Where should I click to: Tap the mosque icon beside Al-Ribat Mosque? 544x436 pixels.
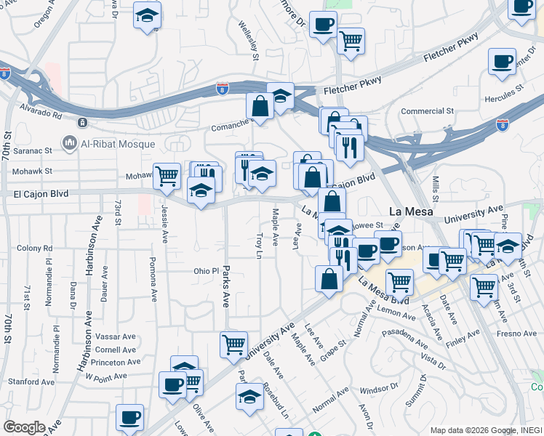point(70,142)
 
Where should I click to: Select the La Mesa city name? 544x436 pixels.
point(411,211)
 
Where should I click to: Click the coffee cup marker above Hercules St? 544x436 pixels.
point(502,62)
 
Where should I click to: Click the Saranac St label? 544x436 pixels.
point(33,150)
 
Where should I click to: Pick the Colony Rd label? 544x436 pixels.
point(35,248)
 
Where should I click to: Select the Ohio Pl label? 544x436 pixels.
point(206,271)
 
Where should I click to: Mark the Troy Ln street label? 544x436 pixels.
point(259,245)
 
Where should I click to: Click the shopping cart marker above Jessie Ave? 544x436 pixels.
point(167,175)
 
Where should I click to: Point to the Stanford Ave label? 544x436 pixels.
point(31,381)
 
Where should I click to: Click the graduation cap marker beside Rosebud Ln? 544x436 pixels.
point(249,397)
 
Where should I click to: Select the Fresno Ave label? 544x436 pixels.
point(518,334)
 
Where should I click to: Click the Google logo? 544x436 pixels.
point(24,427)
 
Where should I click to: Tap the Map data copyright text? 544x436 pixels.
point(485,430)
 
